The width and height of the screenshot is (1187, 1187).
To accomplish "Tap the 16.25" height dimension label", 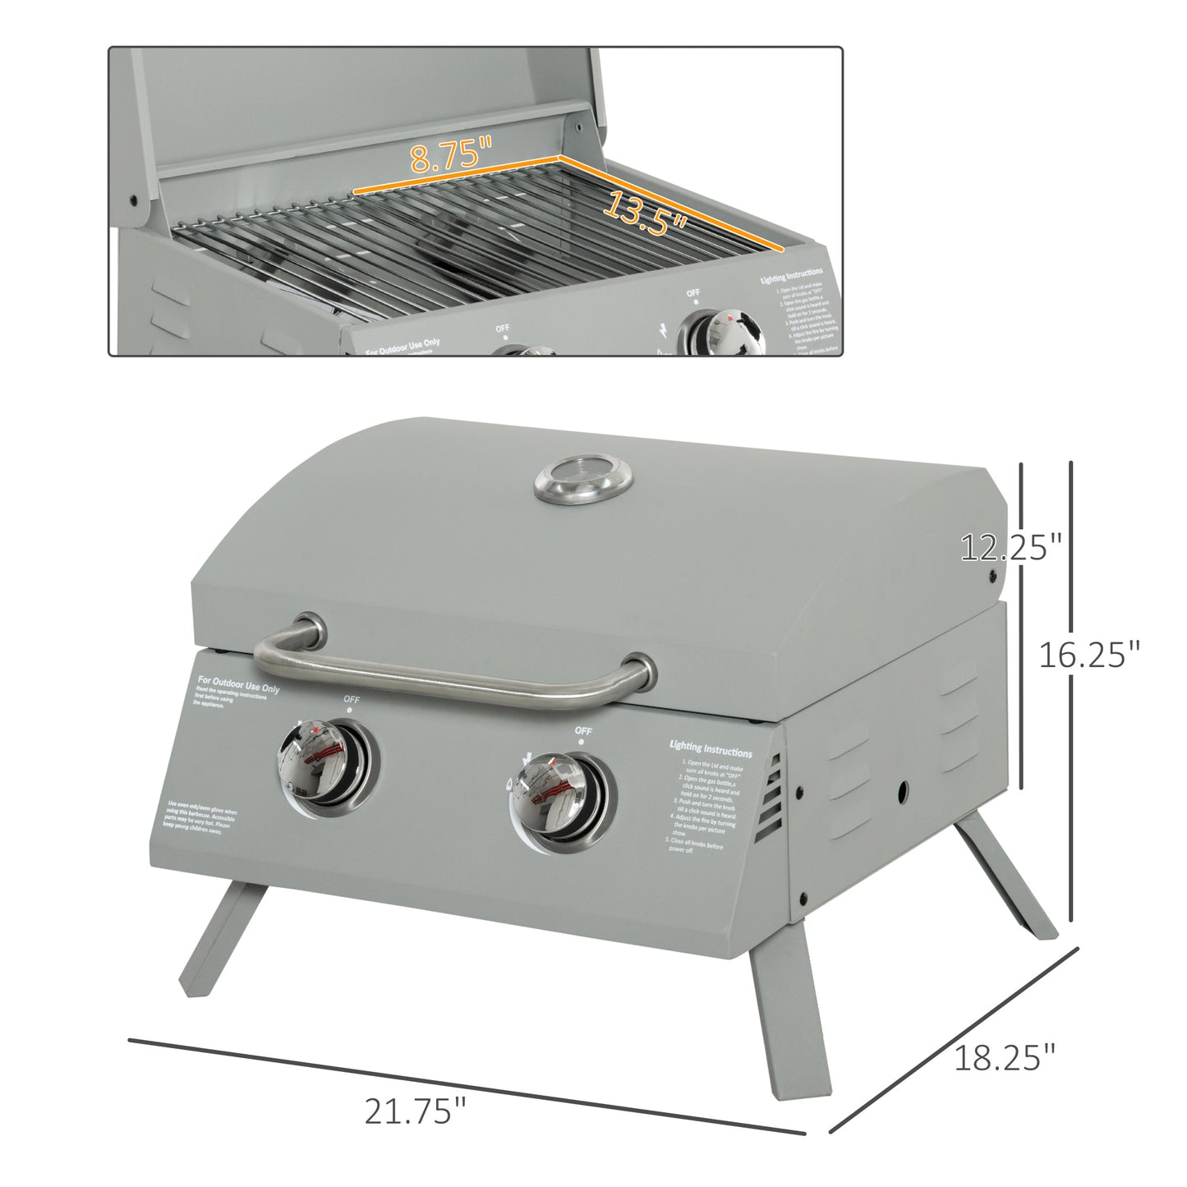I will [1089, 656].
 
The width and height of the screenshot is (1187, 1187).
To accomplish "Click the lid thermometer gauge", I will [584, 480].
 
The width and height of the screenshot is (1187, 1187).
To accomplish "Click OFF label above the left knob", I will [352, 700].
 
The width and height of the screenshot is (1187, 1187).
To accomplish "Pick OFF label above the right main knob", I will [583, 729].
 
